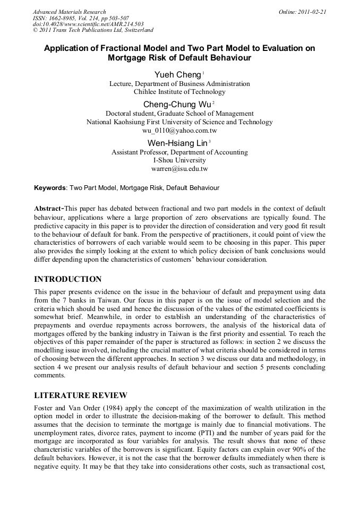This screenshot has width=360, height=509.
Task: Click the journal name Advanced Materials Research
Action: coord(69,12)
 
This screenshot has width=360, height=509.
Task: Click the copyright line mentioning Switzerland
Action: coord(93,30)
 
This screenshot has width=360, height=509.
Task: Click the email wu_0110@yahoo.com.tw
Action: coord(179,130)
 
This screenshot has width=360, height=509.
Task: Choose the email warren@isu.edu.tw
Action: coord(179,169)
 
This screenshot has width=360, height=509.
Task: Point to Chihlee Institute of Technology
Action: coord(179,92)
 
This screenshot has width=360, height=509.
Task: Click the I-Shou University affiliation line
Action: coord(179,160)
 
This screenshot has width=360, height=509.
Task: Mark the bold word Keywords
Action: coord(50,188)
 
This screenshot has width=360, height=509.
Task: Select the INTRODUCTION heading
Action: coord(67,279)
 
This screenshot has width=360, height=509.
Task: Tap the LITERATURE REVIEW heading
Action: coord(80,395)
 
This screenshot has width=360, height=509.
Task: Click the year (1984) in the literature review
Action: coord(113,408)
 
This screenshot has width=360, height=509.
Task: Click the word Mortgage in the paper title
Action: coord(128,58)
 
